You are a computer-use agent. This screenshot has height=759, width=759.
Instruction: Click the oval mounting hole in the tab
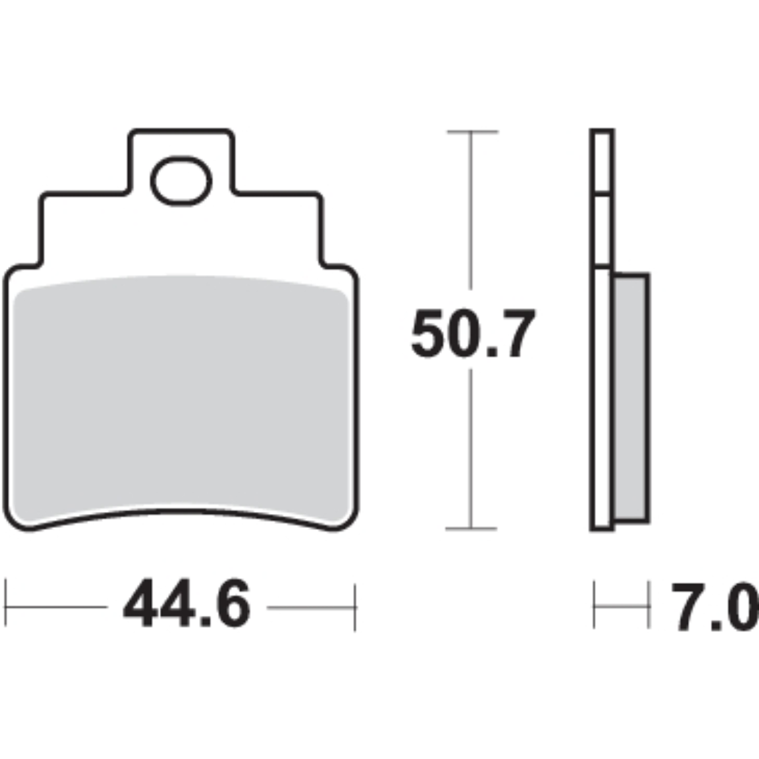pyautogui.click(x=181, y=180)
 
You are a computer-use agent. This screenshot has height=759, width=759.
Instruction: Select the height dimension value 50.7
pyautogui.click(x=473, y=335)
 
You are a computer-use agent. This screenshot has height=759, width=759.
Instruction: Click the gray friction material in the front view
pyautogui.click(x=181, y=399)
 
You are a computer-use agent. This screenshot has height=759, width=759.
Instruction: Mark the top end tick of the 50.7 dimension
pyautogui.click(x=472, y=132)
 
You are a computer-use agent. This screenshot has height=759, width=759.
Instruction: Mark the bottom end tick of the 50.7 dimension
pyautogui.click(x=472, y=529)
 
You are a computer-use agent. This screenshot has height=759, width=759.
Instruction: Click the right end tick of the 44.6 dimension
pyautogui.click(x=355, y=607)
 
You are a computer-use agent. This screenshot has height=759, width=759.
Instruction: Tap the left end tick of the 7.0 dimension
pyautogui.click(x=595, y=605)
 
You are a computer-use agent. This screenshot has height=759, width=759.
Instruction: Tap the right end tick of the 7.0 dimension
pyautogui.click(x=648, y=605)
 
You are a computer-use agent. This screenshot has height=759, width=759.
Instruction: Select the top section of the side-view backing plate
pyautogui.click(x=601, y=162)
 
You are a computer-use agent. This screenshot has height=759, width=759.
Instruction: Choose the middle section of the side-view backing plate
pyautogui.click(x=601, y=231)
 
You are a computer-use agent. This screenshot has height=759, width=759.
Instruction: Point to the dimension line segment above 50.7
pyautogui.click(x=472, y=213)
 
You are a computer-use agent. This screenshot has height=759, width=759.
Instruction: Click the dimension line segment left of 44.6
pyautogui.click(x=57, y=607)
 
